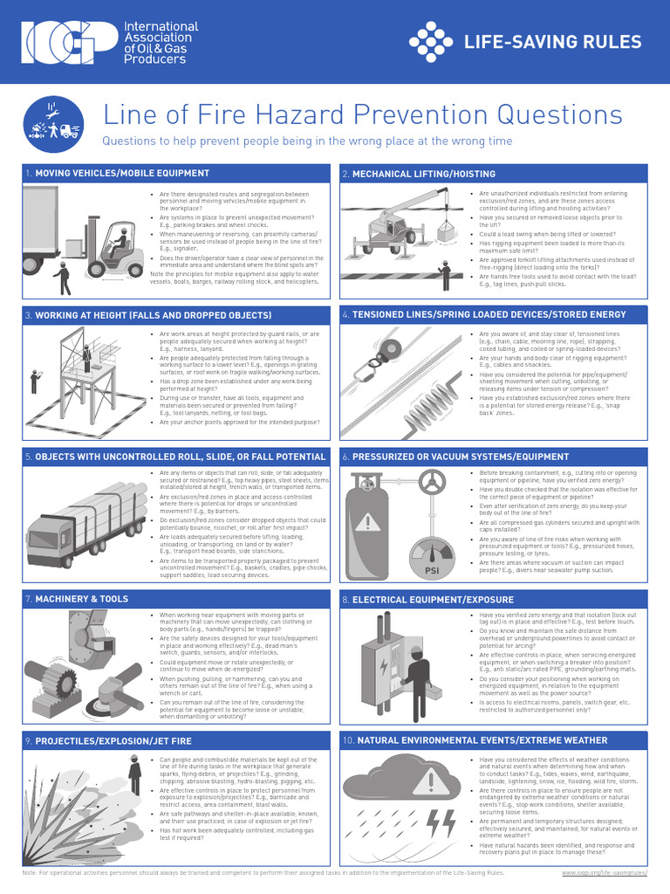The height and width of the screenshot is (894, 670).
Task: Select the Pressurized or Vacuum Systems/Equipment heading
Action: click(x=461, y=457)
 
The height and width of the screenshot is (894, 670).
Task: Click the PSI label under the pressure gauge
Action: click(x=431, y=571)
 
